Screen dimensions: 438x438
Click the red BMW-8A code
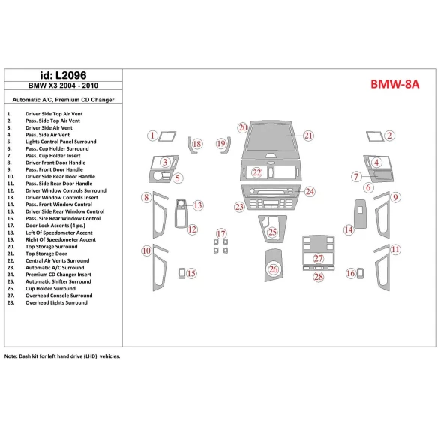(x=394, y=84)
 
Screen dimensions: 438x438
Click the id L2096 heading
(x=64, y=75)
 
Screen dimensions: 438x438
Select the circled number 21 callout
(x=308, y=136)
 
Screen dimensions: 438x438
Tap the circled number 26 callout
(x=274, y=269)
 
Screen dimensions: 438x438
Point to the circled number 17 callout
(x=221, y=233)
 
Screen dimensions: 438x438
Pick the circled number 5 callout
(x=178, y=178)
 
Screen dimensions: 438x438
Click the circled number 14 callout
(x=349, y=230)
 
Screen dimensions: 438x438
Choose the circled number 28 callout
(x=319, y=277)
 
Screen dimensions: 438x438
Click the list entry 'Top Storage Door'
(x=46, y=253)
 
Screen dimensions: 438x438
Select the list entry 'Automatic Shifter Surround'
(x=58, y=281)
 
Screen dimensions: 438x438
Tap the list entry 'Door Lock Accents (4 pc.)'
(x=55, y=226)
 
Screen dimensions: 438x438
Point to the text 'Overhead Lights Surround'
(x=56, y=302)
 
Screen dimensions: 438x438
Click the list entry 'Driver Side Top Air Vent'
(x=54, y=114)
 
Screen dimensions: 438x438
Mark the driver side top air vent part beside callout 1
(x=167, y=136)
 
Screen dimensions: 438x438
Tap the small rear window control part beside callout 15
(x=181, y=273)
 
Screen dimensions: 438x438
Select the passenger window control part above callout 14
(x=360, y=214)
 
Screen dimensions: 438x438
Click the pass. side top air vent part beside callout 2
(x=375, y=136)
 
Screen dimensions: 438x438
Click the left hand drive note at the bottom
(x=62, y=356)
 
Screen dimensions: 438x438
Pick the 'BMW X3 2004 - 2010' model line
(x=63, y=85)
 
